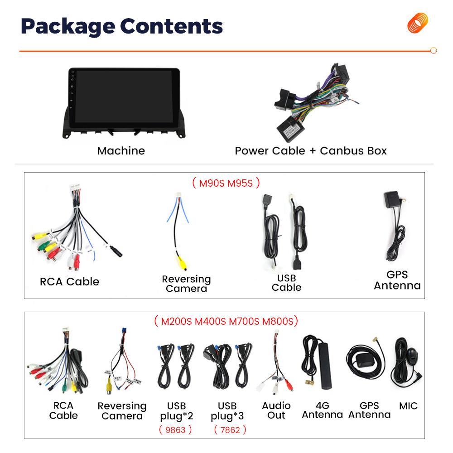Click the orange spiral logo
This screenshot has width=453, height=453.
tap(417, 23)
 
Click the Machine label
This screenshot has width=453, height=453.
tap(121, 151)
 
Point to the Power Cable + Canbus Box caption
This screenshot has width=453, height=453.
tap(311, 151)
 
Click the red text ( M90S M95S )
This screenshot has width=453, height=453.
tap(226, 183)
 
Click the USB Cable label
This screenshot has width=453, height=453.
tap(286, 283)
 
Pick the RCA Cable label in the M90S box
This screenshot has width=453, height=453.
tap(69, 282)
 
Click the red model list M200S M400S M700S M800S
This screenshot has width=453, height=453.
tap(226, 322)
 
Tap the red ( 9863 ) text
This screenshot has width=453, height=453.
tap(175, 429)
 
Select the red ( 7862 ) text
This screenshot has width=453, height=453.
tap(230, 429)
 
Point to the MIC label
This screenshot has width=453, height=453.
tap(408, 406)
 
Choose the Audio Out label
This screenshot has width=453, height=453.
tap(276, 410)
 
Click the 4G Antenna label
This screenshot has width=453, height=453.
tap(322, 410)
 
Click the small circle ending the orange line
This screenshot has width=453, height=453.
tap(434, 51)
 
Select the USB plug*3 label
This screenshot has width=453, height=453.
tap(227, 411)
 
